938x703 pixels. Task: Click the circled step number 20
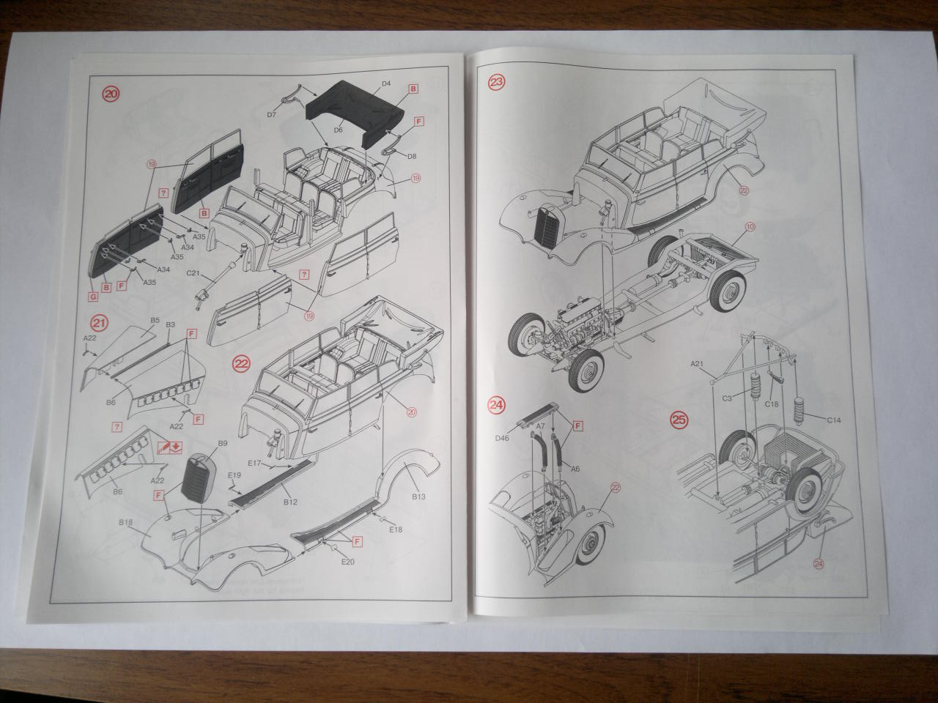point(111,94)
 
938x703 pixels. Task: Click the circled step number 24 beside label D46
point(497,404)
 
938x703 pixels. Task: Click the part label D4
point(386,85)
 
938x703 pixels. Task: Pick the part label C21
point(193,273)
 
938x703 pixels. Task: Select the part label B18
point(124,521)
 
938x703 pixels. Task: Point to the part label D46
point(503,438)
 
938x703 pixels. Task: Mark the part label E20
point(348,562)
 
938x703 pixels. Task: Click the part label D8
point(412,156)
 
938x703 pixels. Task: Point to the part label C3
point(728,398)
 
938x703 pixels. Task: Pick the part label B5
point(155,321)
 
